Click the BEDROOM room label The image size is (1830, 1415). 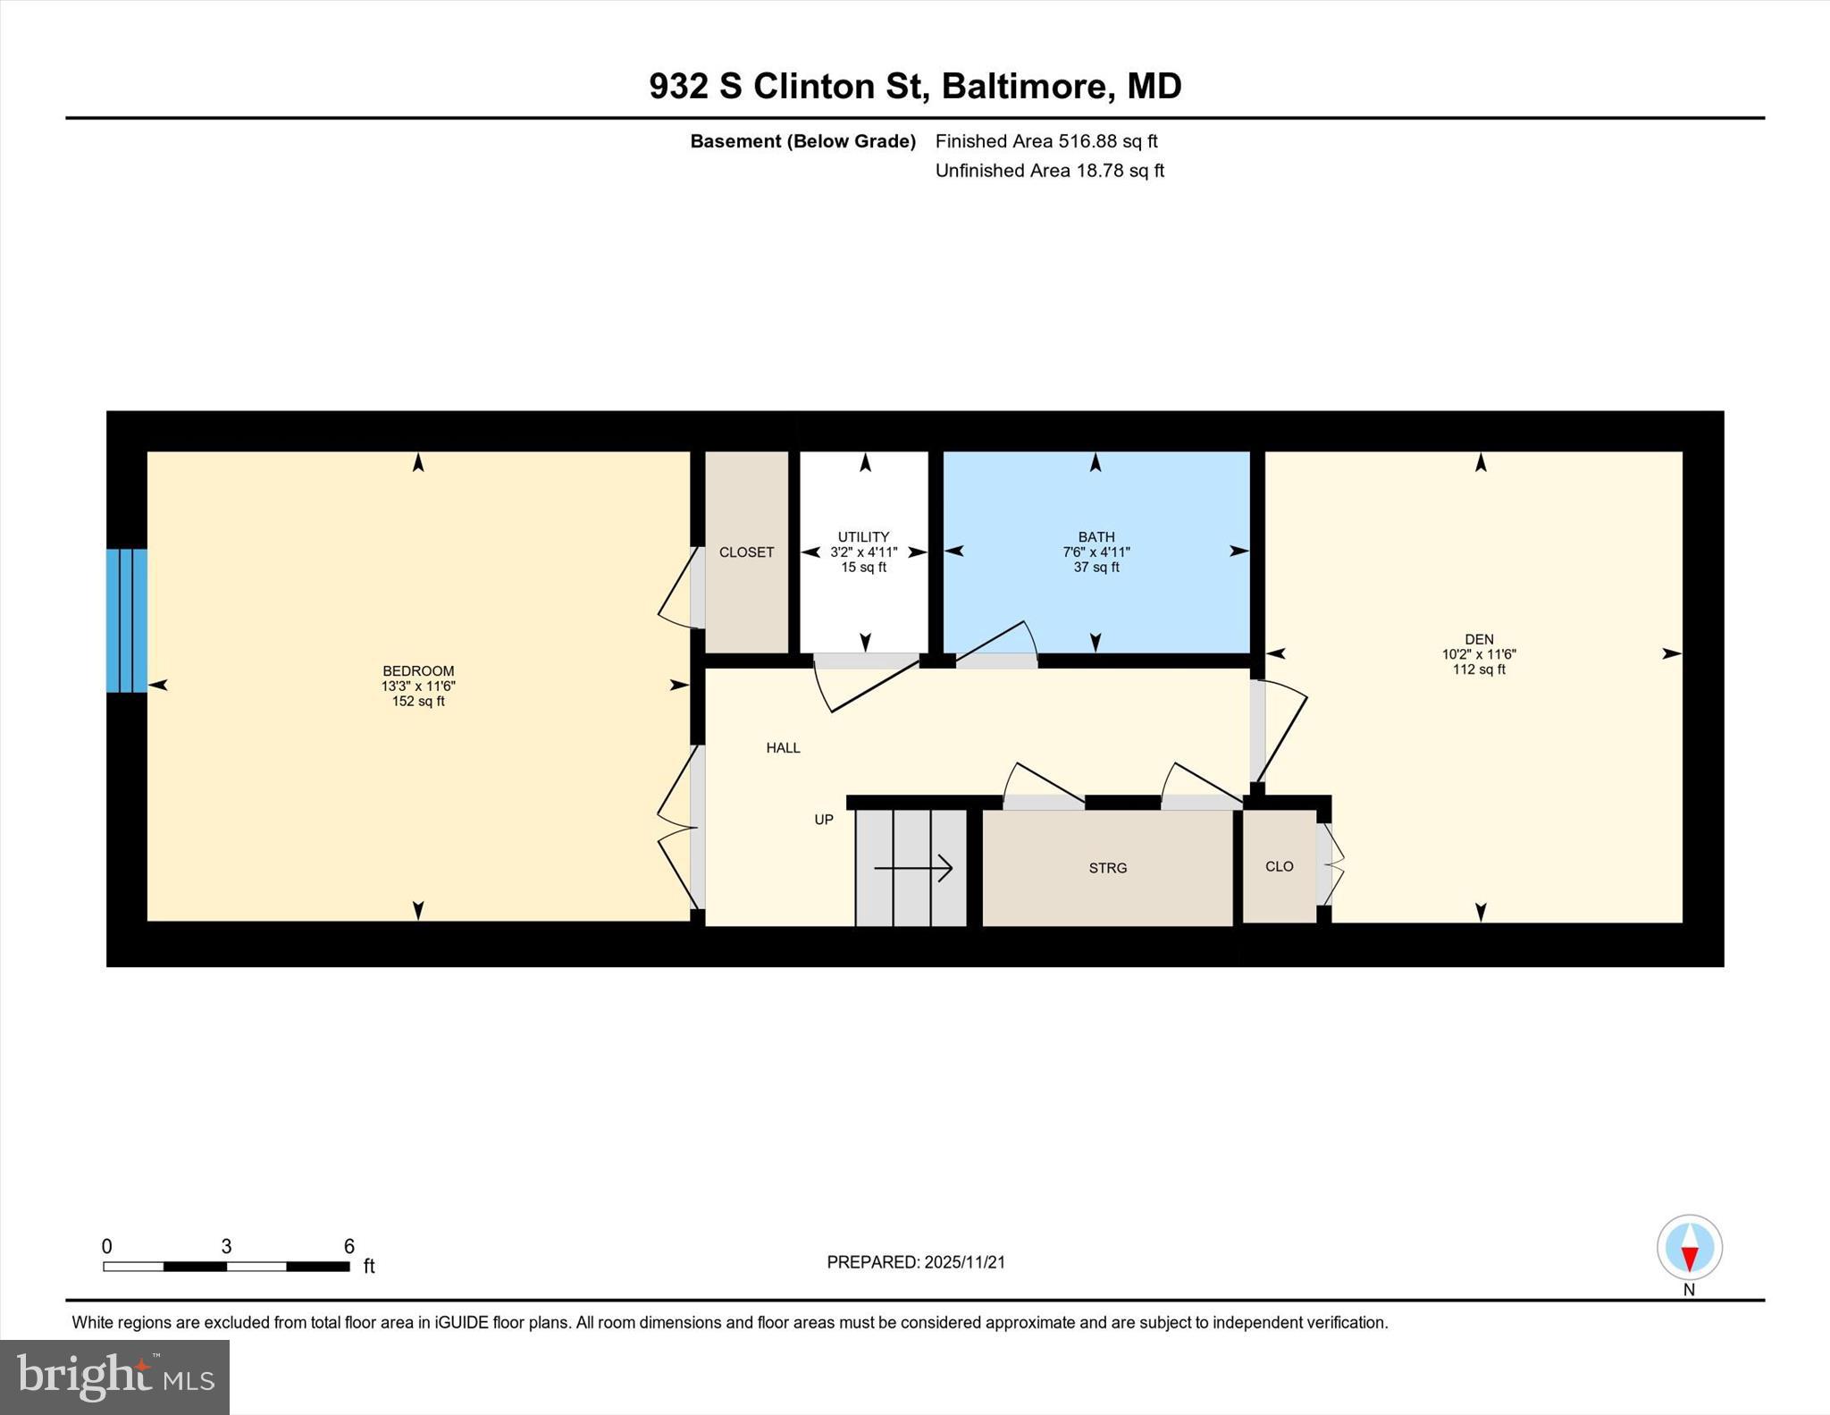point(418,670)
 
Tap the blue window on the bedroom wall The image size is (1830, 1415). point(127,620)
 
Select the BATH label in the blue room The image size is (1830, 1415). point(1095,537)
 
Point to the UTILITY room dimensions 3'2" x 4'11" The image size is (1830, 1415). point(863,552)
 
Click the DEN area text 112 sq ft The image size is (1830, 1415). point(1479,670)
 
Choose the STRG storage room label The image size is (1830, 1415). point(1107,868)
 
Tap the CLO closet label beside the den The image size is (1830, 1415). point(1279,866)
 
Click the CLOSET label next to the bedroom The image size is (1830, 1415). point(746,552)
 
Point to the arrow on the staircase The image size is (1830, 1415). point(913,868)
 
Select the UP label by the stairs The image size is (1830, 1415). point(823,819)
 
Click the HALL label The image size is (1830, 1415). point(783,748)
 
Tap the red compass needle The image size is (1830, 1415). point(1689,1259)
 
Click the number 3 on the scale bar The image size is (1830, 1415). point(226,1246)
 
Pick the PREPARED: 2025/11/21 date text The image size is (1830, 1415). point(916,1262)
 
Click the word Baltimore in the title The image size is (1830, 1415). point(1024,87)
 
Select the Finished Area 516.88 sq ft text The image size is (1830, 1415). point(1045,141)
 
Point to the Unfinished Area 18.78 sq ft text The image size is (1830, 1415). point(1049,171)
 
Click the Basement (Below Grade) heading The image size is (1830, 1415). point(802,141)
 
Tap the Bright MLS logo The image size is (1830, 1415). point(114,1377)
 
